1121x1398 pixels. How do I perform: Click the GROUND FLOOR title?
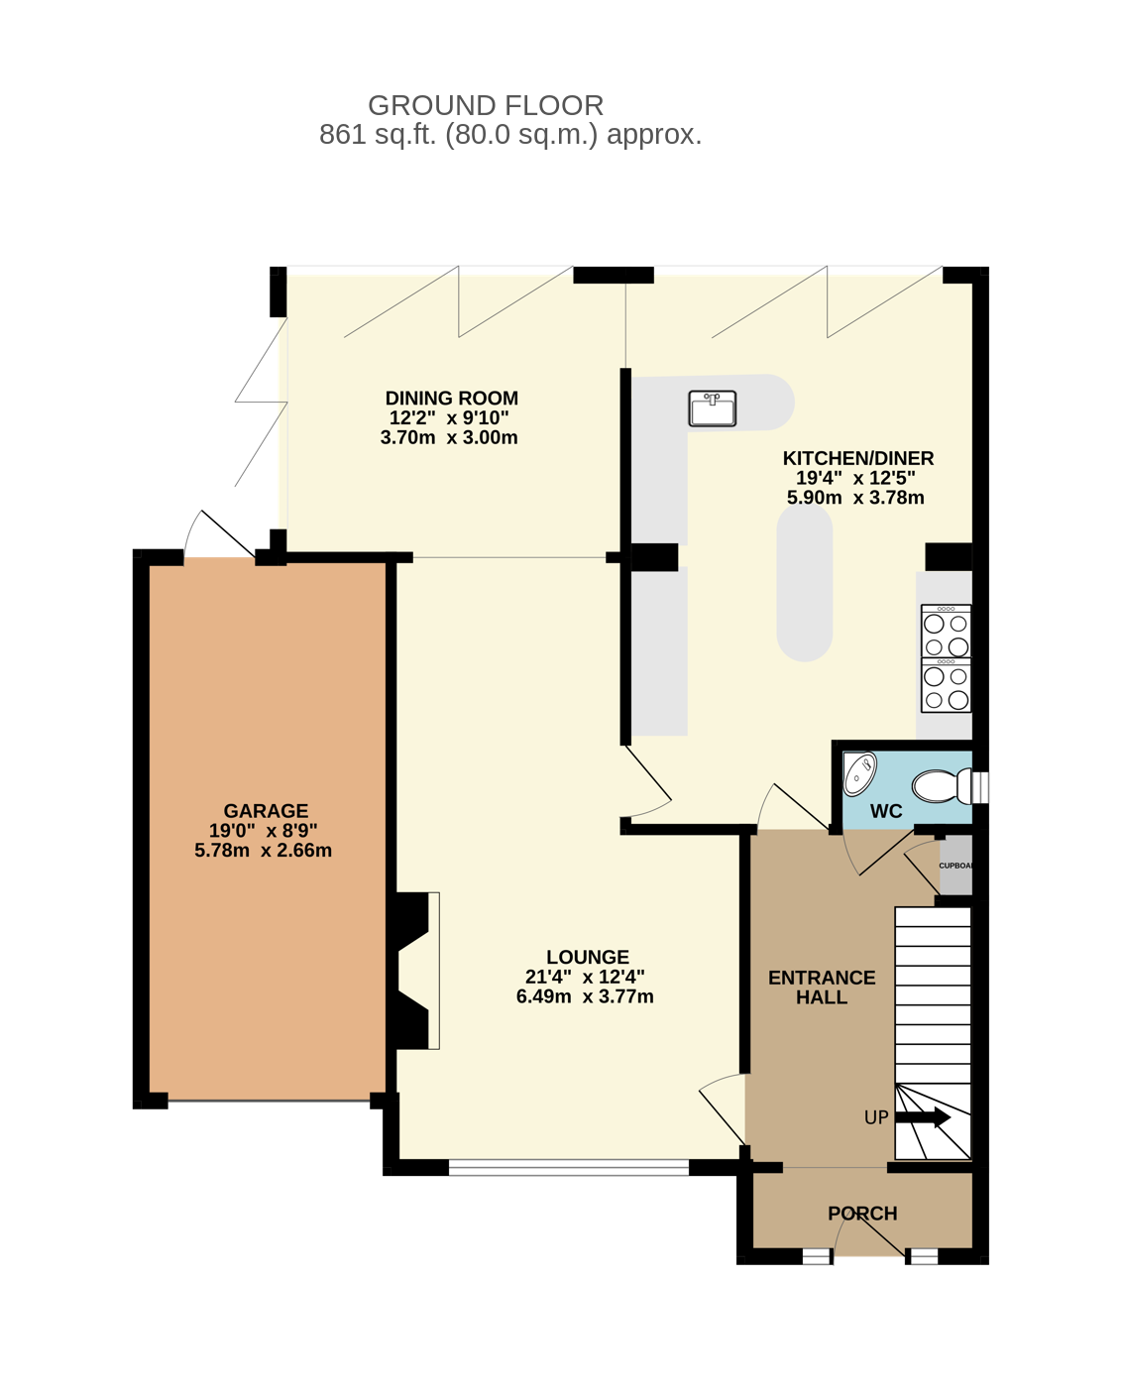coord(486,105)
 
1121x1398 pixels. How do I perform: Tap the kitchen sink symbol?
coord(713,408)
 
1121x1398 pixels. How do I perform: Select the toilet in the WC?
coord(942,786)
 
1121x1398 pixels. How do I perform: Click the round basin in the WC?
coord(860,773)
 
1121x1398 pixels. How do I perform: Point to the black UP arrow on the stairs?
coord(923,1117)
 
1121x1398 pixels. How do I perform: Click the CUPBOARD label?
coord(955,866)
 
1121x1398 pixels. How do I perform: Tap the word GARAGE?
coord(266,811)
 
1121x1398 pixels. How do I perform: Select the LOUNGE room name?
coord(588,957)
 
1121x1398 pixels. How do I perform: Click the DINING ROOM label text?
coord(451,398)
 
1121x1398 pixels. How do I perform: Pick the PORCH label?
coord(862,1214)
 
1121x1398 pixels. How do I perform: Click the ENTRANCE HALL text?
coord(822,988)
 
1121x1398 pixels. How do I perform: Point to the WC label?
coord(886,811)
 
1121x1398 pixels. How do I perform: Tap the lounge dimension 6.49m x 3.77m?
coord(585,996)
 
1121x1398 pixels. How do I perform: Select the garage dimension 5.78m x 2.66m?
coord(263,851)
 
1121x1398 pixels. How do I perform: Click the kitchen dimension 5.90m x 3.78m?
coord(855,498)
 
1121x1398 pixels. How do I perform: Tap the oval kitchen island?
coord(805,582)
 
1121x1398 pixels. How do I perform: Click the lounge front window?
coord(568,1168)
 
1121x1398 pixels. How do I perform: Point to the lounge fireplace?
coord(413,971)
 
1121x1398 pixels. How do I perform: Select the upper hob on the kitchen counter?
coord(947,631)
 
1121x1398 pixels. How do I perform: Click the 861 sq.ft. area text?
coord(509,135)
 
